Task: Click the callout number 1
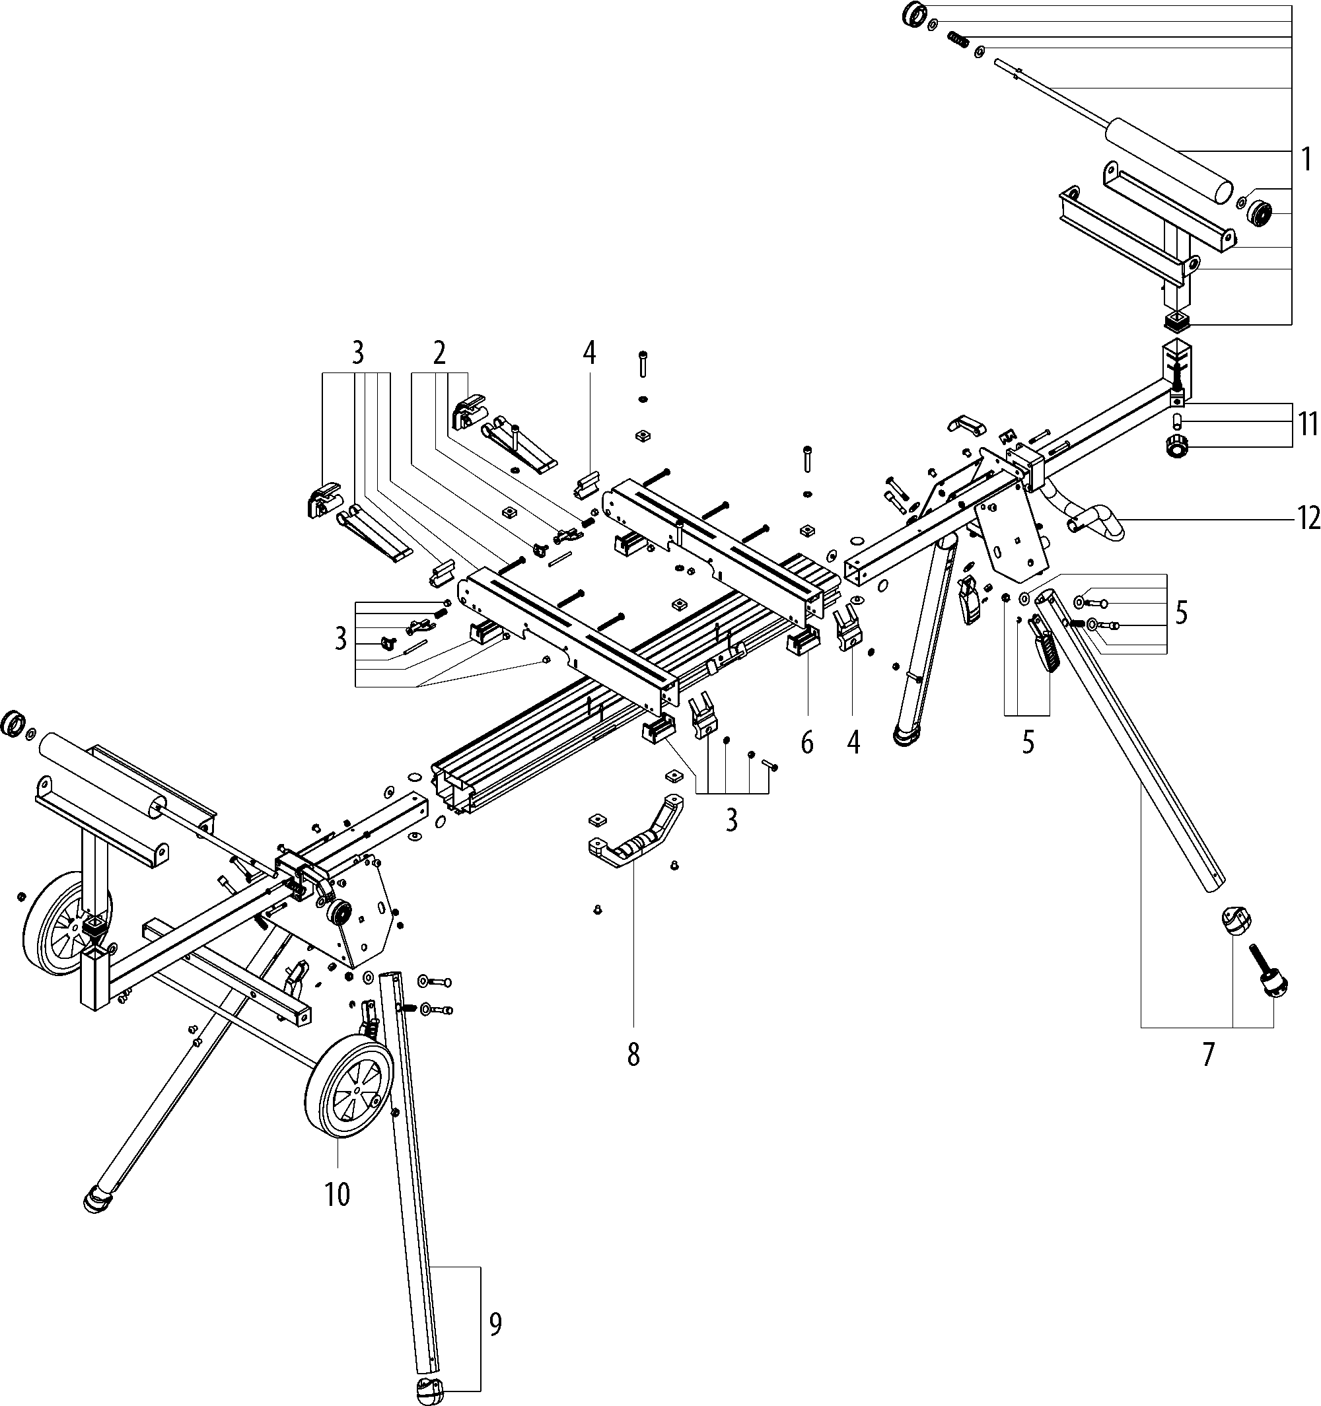tap(1305, 160)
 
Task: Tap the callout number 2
tap(440, 353)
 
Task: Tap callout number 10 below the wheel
tap(338, 1195)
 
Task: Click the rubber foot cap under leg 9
tap(431, 1388)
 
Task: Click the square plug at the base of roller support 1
tap(1176, 322)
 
